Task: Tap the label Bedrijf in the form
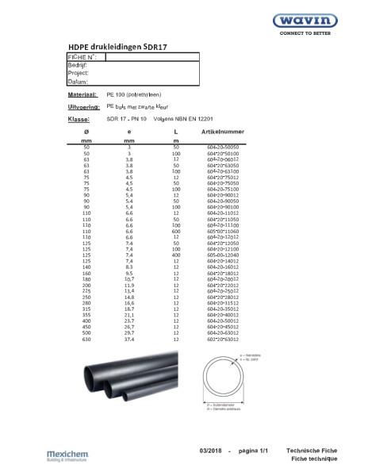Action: (x=77, y=65)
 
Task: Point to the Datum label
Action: (x=78, y=81)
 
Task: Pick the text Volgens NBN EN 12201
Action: (x=178, y=118)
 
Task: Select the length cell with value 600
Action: (x=176, y=209)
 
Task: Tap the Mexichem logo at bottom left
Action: (x=72, y=455)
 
